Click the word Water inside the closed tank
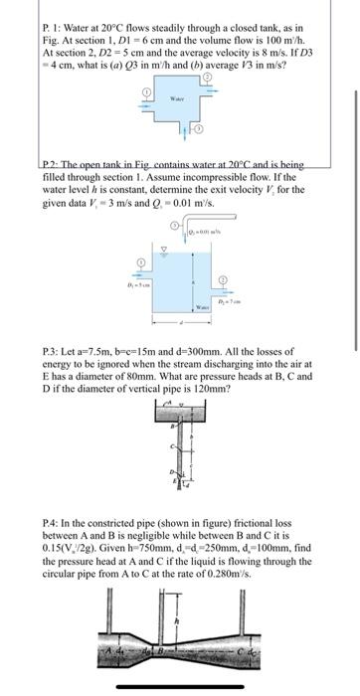point(179,97)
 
